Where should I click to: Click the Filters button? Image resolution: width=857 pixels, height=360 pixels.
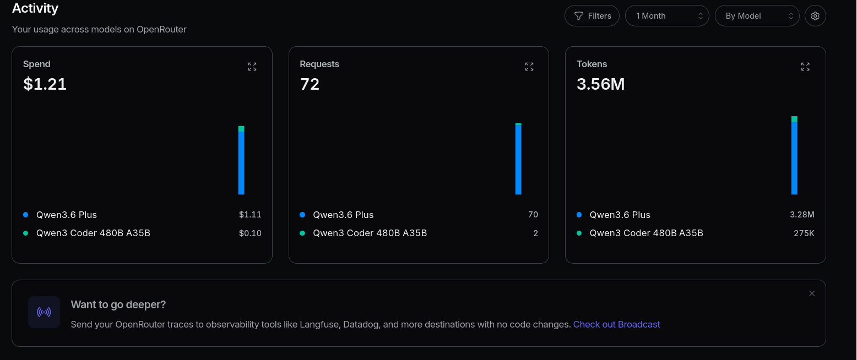click(592, 15)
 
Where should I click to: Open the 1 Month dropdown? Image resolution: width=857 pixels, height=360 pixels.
click(667, 15)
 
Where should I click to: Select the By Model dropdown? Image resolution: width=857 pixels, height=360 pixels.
click(757, 15)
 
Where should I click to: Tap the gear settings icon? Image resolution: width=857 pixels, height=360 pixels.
click(815, 15)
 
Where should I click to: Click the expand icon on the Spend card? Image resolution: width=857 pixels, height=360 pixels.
click(252, 67)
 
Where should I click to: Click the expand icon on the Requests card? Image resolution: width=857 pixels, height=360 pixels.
click(529, 67)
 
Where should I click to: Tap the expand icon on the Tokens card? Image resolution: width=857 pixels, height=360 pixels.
click(805, 67)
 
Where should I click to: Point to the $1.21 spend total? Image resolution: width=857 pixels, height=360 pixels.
click(45, 84)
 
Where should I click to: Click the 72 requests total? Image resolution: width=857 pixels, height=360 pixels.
click(310, 84)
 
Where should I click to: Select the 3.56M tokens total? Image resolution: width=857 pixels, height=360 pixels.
click(601, 84)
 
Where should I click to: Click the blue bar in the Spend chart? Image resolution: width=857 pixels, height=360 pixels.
click(241, 163)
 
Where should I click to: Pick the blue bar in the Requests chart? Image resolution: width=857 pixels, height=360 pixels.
click(518, 160)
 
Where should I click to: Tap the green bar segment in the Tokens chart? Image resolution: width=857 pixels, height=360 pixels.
click(794, 119)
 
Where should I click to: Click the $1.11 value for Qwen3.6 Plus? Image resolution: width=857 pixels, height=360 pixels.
click(250, 215)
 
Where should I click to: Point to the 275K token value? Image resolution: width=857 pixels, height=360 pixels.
click(804, 233)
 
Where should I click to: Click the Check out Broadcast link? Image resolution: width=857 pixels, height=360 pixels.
click(616, 324)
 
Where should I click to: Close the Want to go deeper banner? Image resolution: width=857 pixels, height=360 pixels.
click(812, 293)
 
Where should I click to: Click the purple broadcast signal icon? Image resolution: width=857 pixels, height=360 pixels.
click(44, 312)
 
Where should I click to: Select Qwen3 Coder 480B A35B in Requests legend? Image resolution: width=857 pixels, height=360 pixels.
click(370, 233)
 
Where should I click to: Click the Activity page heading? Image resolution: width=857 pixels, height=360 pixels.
click(35, 8)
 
